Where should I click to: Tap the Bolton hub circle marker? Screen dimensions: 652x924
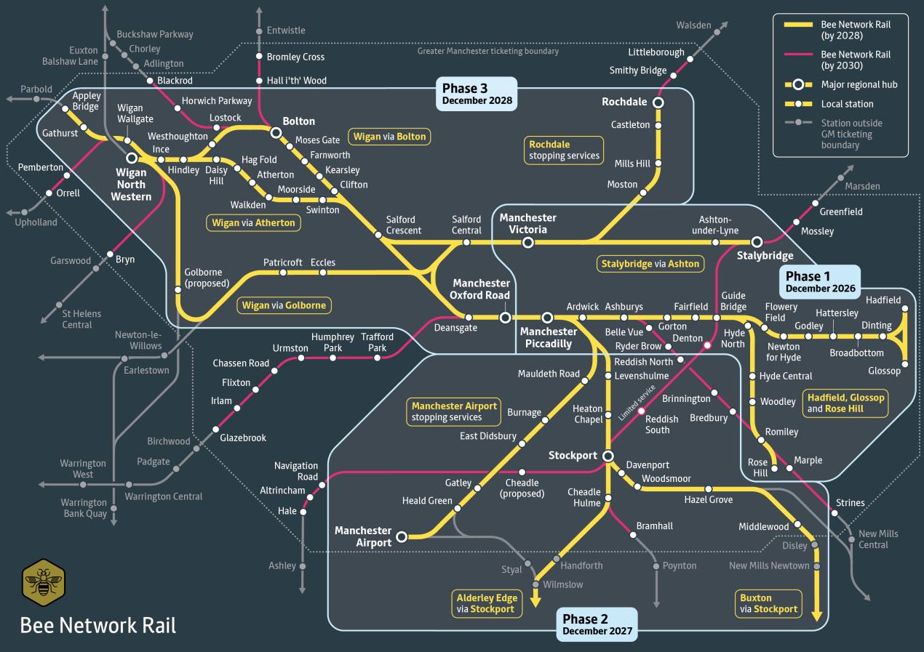[x=276, y=133]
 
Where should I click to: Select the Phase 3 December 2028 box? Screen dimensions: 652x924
[x=477, y=94]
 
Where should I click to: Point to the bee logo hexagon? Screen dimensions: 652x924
[x=44, y=582]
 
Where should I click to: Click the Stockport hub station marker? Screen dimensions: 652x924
[x=609, y=456]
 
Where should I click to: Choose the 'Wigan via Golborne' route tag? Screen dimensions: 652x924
[x=284, y=305]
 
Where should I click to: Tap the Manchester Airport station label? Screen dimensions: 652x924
[x=362, y=536]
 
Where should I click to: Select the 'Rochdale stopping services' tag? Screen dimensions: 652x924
[x=565, y=150]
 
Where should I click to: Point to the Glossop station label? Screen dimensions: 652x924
[x=884, y=371]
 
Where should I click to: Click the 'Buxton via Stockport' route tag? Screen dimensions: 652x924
[x=768, y=603]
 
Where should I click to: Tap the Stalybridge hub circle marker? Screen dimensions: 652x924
[x=757, y=241]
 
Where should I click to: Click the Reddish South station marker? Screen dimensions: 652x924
[x=641, y=411]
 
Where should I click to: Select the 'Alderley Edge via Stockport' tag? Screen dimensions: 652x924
[x=486, y=603]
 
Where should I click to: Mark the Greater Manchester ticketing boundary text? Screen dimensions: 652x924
[x=487, y=52]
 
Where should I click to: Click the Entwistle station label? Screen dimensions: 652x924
[x=286, y=31]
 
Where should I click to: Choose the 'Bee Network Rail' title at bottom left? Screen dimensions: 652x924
[x=98, y=625]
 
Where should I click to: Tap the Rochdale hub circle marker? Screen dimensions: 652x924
[x=658, y=102]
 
